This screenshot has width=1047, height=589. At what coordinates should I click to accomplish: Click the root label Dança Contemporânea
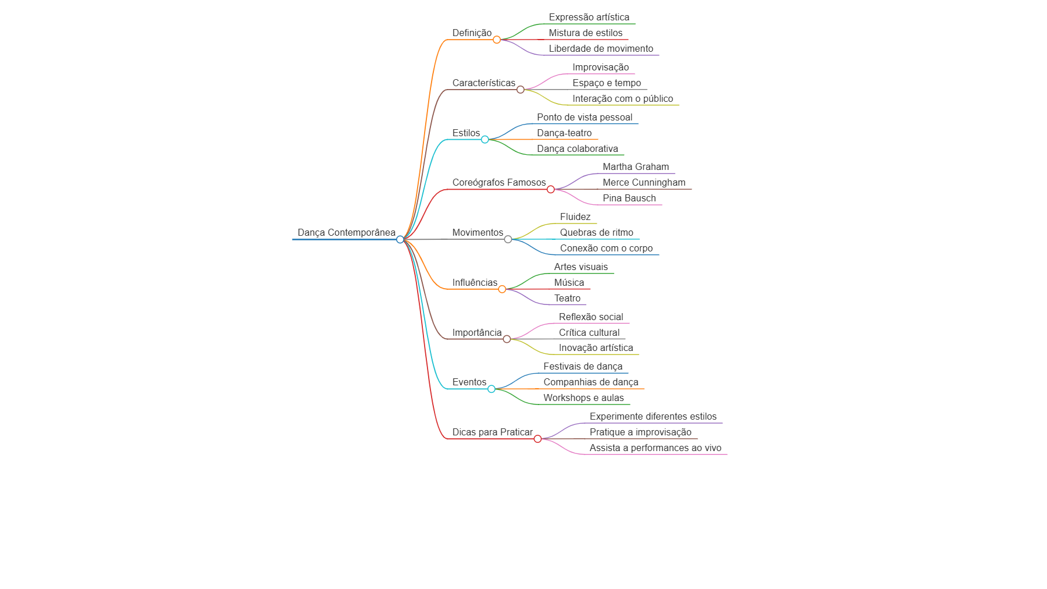(x=347, y=233)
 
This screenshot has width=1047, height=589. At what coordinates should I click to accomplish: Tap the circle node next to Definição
(x=497, y=40)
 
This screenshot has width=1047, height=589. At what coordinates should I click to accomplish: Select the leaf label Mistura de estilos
(x=586, y=33)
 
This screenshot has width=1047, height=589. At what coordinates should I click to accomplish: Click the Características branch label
(x=484, y=83)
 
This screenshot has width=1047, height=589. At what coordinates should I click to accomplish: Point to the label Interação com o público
(x=623, y=99)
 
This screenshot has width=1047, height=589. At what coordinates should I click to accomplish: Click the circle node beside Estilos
(x=485, y=140)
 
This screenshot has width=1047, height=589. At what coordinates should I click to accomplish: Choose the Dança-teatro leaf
(x=564, y=133)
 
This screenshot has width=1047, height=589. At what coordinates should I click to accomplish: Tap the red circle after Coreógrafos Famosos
(x=551, y=189)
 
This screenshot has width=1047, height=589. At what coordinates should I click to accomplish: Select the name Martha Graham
(x=636, y=167)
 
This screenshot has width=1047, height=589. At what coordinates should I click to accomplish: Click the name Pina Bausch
(x=629, y=198)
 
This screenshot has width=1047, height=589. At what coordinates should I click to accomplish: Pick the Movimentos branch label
(x=478, y=233)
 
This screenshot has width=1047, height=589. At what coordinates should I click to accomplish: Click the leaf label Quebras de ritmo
(x=597, y=233)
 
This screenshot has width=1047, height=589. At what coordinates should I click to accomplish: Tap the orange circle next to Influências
(x=502, y=289)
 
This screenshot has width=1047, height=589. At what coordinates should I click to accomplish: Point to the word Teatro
(x=567, y=299)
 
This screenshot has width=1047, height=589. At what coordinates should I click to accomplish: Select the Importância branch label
(x=477, y=333)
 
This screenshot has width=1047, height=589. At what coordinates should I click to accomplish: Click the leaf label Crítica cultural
(x=589, y=333)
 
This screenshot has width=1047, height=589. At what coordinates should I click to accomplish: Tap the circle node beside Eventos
(x=492, y=389)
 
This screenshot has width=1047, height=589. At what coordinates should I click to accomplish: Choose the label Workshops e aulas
(x=583, y=398)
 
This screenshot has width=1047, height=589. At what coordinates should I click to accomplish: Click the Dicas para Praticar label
(x=493, y=432)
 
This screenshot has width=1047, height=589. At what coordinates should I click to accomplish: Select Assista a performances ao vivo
(x=656, y=448)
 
